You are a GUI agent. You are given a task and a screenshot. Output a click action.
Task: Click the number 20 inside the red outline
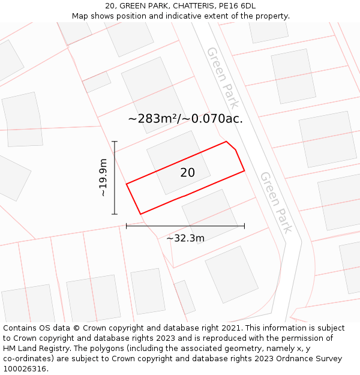[187, 173]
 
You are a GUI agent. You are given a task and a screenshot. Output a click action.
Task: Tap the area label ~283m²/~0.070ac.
[185, 118]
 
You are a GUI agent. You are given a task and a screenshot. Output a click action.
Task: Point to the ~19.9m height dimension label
[103, 178]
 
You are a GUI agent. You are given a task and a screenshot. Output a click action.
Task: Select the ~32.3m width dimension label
[185, 238]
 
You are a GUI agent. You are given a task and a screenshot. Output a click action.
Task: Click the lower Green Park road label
[276, 202]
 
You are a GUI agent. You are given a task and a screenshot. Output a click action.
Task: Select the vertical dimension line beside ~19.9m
[115, 178]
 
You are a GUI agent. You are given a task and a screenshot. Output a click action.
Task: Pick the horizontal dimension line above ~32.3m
[185, 226]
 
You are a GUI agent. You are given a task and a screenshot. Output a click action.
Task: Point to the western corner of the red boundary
[127, 184]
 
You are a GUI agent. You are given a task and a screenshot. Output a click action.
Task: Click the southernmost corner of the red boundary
[140, 214]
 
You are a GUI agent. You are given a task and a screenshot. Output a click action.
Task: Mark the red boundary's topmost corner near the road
[226, 142]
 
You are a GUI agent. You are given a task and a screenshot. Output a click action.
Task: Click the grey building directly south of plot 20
[210, 214]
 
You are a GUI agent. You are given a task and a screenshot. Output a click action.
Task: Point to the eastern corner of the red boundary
[244, 171]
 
